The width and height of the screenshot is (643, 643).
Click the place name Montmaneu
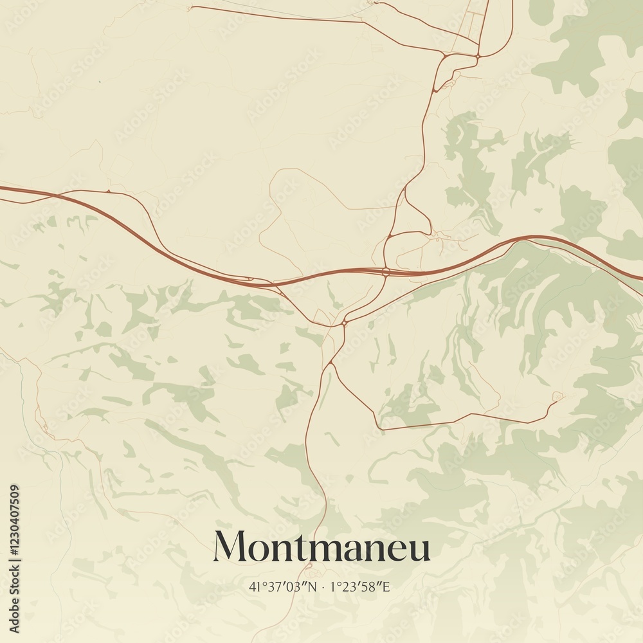click(321, 547)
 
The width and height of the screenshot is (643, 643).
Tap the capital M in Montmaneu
click(230, 547)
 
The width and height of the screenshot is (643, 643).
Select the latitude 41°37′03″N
click(283, 586)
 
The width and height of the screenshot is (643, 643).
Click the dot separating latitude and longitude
click(323, 586)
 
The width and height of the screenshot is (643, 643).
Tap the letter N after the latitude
click(313, 586)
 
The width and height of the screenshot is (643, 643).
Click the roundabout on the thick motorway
click(385, 272)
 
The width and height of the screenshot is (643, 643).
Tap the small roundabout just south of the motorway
click(345, 321)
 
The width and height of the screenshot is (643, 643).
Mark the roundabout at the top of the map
click(478, 57)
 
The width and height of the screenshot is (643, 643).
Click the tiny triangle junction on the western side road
click(109, 191)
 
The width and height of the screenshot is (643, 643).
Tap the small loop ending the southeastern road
click(557, 396)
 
